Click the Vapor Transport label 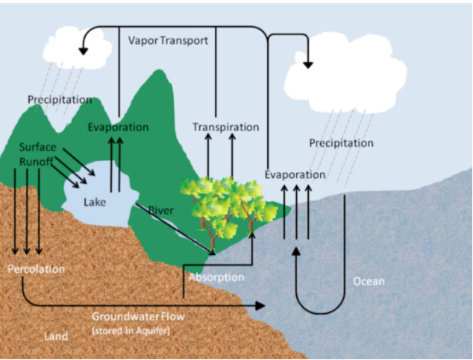pyautogui.click(x=168, y=40)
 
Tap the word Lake pyautogui.click(x=95, y=201)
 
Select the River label pyautogui.click(x=160, y=210)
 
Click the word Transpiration pyautogui.click(x=225, y=127)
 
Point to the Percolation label pyautogui.click(x=37, y=268)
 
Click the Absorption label pyautogui.click(x=216, y=277)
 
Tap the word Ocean pyautogui.click(x=369, y=281)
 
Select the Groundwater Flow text pyautogui.click(x=138, y=316)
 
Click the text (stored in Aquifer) pyautogui.click(x=131, y=330)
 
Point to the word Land pyautogui.click(x=56, y=336)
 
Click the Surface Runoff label pyautogui.click(x=37, y=154)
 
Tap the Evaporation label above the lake pyautogui.click(x=118, y=127)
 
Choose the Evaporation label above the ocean pyautogui.click(x=295, y=174)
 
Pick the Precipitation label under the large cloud pyautogui.click(x=341, y=142)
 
